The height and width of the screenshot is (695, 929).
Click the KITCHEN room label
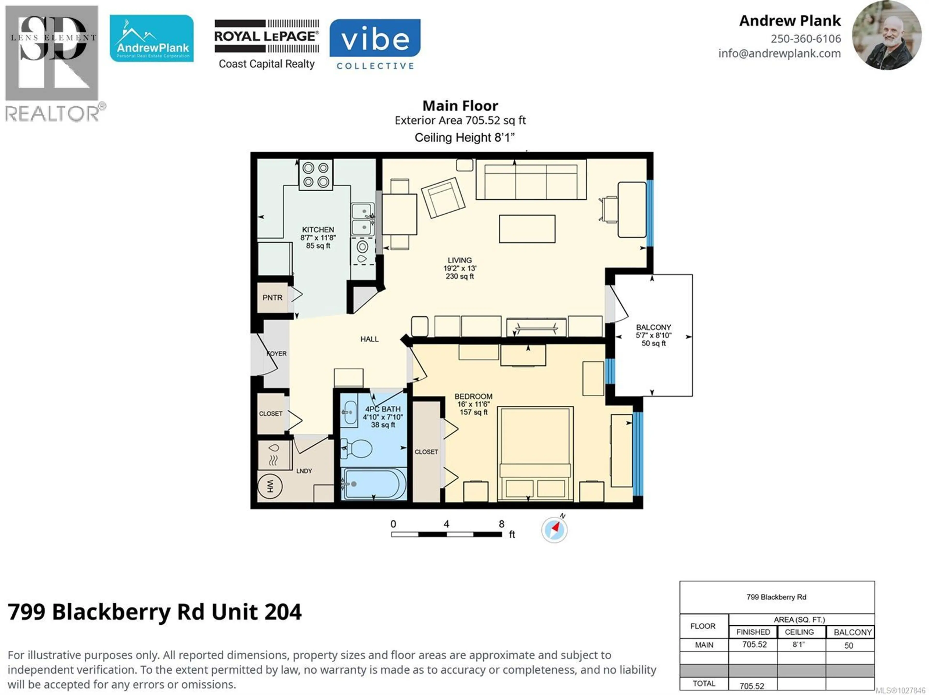318,230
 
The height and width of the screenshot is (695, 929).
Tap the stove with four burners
316,175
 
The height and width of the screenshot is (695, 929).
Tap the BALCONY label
653,327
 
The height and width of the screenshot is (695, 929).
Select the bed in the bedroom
535,454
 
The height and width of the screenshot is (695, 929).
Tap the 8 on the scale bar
502,524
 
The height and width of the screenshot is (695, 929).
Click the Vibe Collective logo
375,44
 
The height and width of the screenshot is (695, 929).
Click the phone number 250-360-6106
806,39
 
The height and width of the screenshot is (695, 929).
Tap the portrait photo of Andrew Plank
887,35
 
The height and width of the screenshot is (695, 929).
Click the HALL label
369,339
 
